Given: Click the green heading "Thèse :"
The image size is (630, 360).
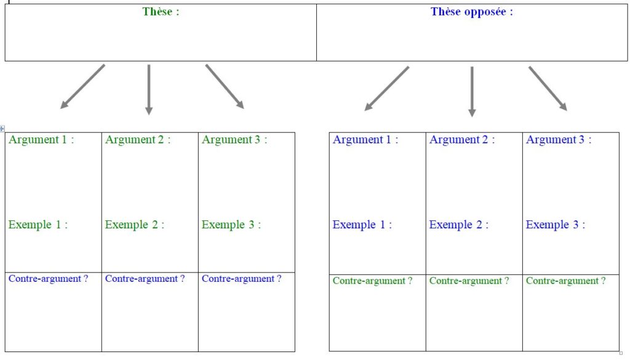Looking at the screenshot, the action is click(x=161, y=12).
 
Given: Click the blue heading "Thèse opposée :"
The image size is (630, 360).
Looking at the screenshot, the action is click(x=472, y=12).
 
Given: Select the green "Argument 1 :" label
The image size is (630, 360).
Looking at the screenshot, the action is click(x=41, y=140).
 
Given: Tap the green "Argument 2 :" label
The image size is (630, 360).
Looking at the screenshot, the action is click(x=138, y=140).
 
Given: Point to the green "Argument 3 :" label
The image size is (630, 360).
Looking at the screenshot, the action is click(x=234, y=140).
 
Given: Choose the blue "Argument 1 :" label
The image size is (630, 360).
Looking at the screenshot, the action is click(x=365, y=140).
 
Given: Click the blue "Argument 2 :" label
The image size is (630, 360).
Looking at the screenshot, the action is click(x=462, y=140).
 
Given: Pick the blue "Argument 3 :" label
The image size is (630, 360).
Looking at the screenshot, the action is click(x=559, y=140).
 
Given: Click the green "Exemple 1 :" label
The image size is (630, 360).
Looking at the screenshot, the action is click(x=38, y=225).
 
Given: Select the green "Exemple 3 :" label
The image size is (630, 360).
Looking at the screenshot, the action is click(x=231, y=225).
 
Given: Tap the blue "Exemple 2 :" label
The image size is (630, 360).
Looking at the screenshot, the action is click(x=459, y=225).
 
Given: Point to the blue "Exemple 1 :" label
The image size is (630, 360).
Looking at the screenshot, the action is click(x=362, y=225).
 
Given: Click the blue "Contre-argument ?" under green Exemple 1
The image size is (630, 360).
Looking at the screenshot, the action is click(x=48, y=279).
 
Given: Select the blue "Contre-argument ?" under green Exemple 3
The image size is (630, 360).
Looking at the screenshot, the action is click(x=241, y=279).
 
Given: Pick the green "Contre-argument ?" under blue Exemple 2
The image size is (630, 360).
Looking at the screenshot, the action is click(x=469, y=281).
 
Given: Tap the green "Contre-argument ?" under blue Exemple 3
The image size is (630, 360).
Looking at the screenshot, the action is click(x=566, y=281).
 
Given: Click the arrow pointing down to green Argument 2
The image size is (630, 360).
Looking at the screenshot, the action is click(x=149, y=90).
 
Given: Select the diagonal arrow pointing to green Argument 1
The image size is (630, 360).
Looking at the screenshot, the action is click(x=82, y=87).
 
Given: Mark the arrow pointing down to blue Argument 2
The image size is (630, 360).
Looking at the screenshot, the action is click(x=472, y=92).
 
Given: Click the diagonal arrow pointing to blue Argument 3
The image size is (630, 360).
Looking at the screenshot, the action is click(x=548, y=89).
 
